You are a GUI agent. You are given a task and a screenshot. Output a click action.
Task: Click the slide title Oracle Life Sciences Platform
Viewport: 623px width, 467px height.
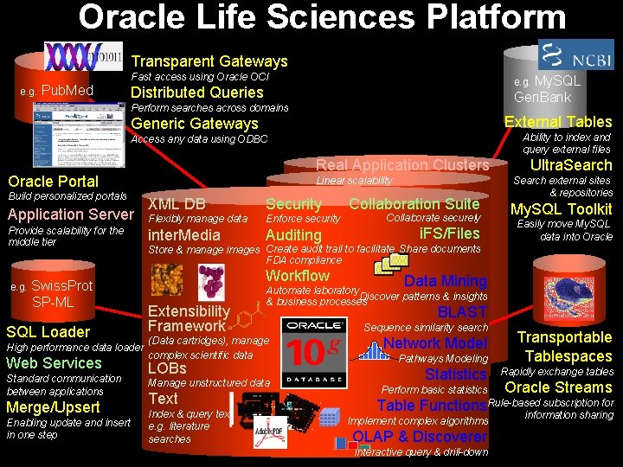point(322,17)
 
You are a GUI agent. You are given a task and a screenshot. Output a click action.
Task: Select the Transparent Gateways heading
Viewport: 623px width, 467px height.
point(209,61)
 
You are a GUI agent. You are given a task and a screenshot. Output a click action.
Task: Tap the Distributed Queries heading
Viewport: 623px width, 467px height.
point(196,93)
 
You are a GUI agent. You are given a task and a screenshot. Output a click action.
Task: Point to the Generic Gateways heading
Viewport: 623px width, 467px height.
point(194,124)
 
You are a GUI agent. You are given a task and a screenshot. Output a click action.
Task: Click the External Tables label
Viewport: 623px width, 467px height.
point(558,122)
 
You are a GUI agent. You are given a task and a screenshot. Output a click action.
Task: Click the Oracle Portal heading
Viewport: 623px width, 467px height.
point(53,181)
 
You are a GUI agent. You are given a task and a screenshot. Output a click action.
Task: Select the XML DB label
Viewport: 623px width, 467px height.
point(177,204)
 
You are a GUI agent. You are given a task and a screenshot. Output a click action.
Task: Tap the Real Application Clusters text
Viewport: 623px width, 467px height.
point(402,165)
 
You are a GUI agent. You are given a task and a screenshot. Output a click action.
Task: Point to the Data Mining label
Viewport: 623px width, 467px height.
point(445,281)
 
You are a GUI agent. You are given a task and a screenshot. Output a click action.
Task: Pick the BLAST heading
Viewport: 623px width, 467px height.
point(462,312)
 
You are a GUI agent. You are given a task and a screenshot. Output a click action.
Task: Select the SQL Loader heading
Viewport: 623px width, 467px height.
point(48,332)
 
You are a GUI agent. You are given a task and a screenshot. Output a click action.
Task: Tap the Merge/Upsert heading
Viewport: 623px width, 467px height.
point(53,407)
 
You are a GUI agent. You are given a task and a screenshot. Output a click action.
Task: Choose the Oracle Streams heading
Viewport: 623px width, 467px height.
point(558,387)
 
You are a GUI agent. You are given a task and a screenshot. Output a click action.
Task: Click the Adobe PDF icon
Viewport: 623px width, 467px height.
point(270,432)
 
